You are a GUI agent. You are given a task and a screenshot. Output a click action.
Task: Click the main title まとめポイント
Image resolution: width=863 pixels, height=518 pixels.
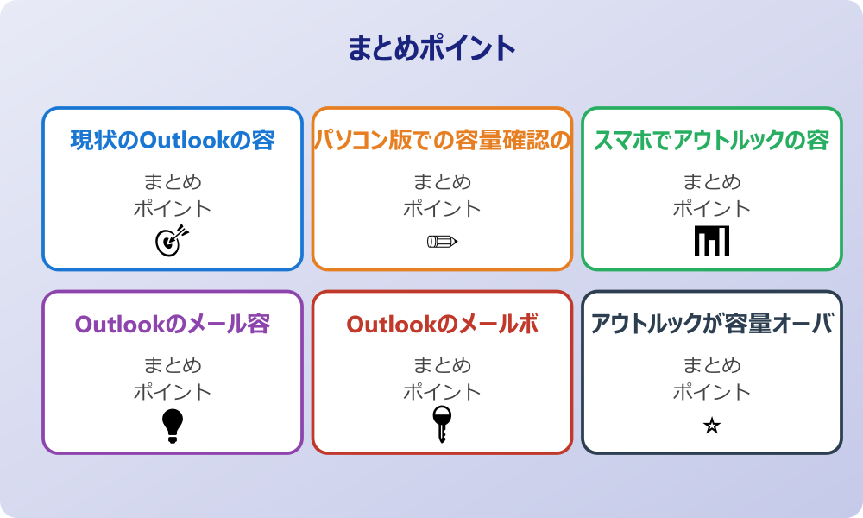431,48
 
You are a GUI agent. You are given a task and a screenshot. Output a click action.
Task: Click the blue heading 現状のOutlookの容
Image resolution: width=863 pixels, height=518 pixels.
173,141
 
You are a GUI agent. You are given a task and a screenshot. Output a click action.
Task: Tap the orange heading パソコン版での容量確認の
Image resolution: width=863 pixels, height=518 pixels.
442,141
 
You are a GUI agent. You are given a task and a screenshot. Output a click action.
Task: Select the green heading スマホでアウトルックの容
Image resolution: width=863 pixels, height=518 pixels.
712,141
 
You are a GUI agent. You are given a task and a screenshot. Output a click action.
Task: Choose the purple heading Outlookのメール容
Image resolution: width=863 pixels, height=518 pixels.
173,324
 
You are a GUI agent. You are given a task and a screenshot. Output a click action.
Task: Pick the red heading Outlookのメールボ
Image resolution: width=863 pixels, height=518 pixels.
442,324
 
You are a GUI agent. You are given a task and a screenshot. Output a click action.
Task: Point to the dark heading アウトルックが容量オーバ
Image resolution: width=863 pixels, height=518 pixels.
712,324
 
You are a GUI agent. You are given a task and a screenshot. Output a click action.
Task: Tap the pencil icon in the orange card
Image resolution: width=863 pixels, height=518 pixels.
442,241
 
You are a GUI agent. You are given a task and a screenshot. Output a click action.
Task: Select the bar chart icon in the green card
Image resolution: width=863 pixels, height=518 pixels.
712,241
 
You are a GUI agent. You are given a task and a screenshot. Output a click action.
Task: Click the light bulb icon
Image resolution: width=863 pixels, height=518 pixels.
173,426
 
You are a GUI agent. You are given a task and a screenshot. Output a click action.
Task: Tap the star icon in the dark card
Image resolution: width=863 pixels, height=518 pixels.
712,426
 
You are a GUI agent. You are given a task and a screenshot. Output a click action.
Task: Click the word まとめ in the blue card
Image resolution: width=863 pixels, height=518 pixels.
173,182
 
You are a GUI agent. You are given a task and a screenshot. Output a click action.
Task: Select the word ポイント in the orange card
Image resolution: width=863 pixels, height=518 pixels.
442,209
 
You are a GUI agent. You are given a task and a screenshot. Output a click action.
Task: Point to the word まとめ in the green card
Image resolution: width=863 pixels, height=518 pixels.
712,182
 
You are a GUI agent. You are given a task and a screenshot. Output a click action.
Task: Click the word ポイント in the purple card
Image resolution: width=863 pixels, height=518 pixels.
173,392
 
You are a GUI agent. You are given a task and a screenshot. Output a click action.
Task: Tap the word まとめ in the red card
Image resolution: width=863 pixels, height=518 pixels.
442,365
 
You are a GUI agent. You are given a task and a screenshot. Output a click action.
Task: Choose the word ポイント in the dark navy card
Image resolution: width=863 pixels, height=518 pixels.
712,392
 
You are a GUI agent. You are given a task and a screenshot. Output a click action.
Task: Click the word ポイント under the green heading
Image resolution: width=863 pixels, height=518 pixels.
712,209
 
